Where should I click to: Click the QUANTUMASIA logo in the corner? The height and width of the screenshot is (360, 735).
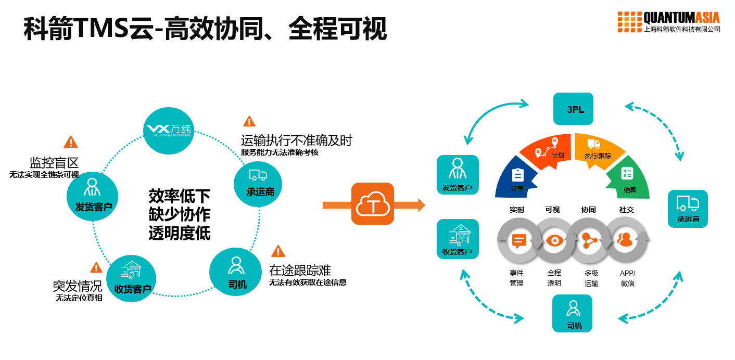pyautogui.click(x=669, y=22)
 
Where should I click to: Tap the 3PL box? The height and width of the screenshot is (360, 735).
pyautogui.click(x=573, y=109)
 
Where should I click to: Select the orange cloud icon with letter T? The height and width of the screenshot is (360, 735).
pyautogui.click(x=373, y=203)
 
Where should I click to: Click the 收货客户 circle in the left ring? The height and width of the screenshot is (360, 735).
pyautogui.click(x=132, y=280)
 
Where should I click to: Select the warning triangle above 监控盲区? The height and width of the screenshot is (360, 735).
pyautogui.click(x=71, y=142)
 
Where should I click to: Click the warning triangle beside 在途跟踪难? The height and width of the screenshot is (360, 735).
pyautogui.click(x=278, y=251)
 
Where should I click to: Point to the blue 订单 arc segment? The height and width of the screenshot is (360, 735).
pyautogui.click(x=515, y=179)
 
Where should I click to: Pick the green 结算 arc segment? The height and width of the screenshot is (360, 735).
pyautogui.click(x=629, y=179)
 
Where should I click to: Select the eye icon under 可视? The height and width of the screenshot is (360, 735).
pyautogui.click(x=554, y=240)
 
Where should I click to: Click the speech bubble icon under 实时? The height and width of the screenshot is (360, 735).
pyautogui.click(x=518, y=240)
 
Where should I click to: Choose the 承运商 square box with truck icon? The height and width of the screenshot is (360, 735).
pyautogui.click(x=688, y=209)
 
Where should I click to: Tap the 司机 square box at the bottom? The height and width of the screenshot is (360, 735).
pyautogui.click(x=572, y=313)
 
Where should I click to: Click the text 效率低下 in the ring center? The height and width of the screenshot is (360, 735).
pyautogui.click(x=180, y=196)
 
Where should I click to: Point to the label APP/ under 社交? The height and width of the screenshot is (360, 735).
pyautogui.click(x=627, y=273)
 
